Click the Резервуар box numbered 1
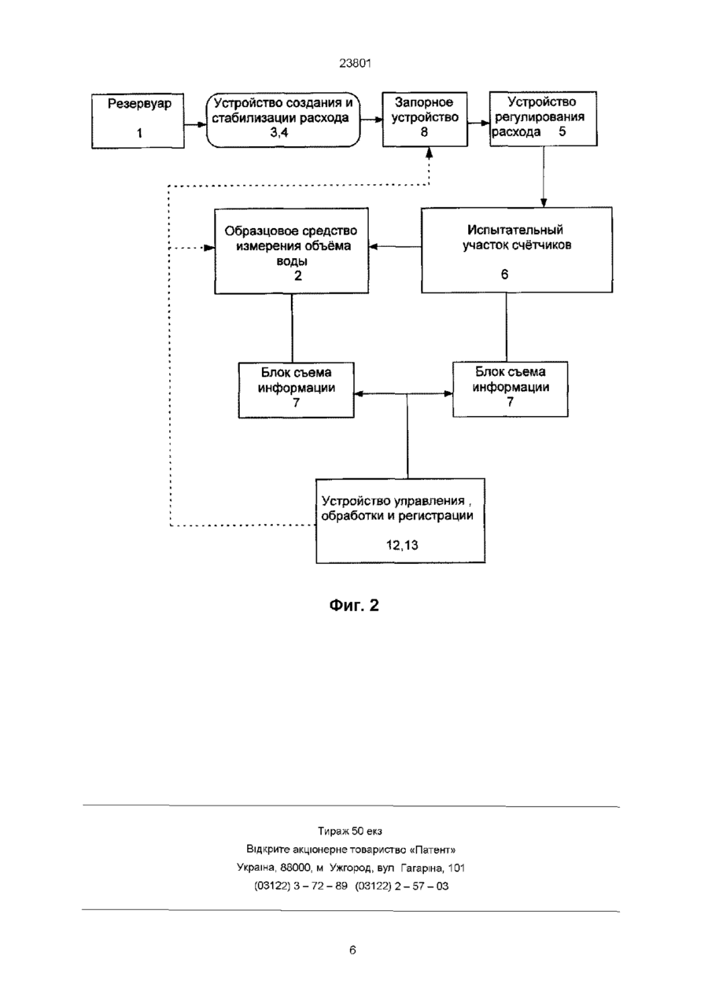coord(138,121)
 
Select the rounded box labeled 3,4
coord(283,120)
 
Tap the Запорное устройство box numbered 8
coord(425,119)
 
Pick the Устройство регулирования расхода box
coord(544,119)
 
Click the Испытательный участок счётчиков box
coord(517,250)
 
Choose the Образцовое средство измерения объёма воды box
coord(291,251)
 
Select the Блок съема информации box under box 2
coord(297,390)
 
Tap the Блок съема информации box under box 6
coord(511,389)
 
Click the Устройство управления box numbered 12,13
coord(400,521)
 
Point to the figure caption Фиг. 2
coord(354,605)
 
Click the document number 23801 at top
coord(355,64)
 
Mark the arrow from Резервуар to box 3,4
coord(195,125)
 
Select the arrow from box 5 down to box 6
coord(544,177)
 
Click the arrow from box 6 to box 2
coord(395,247)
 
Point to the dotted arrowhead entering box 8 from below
coord(430,153)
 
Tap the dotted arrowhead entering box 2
coord(208,248)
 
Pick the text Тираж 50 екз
coord(350,831)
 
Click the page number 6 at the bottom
coord(352,950)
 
